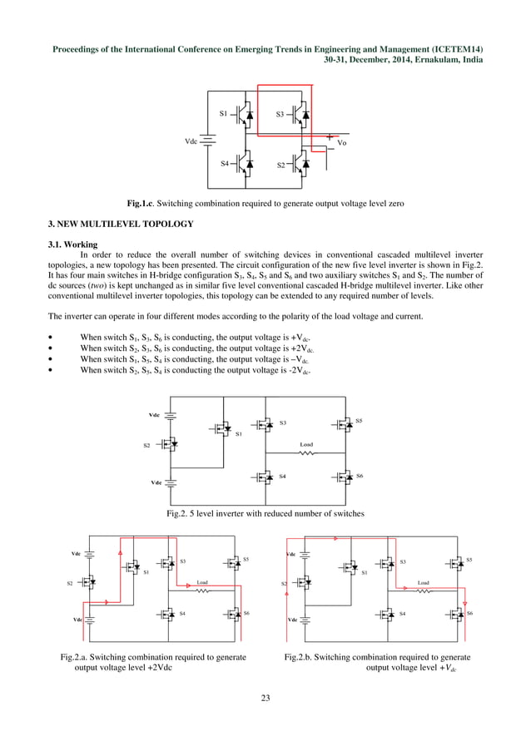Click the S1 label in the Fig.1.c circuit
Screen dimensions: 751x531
click(x=223, y=112)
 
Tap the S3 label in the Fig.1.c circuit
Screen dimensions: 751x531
click(x=280, y=113)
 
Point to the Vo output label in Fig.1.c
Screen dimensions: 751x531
click(x=342, y=143)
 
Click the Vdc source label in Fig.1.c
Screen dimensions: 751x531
click(x=191, y=142)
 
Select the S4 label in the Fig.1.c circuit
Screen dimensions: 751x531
click(x=225, y=163)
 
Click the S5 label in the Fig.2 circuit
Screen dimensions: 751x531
click(x=359, y=422)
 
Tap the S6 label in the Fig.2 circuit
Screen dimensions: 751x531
click(x=359, y=475)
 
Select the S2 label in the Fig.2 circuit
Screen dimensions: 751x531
click(x=146, y=446)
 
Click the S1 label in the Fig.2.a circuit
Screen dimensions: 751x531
click(x=146, y=572)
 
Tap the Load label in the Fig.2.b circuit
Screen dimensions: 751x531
click(x=423, y=583)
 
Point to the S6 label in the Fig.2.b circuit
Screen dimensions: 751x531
click(x=470, y=612)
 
